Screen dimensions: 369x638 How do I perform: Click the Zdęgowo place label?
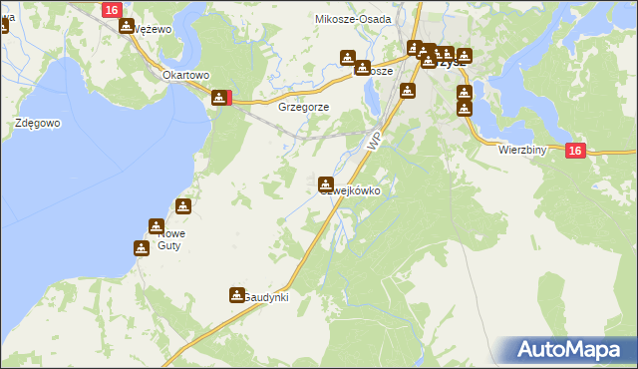click(x=39, y=123)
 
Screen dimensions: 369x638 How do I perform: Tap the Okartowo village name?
click(x=185, y=75)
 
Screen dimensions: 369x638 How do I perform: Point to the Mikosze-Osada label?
click(x=353, y=18)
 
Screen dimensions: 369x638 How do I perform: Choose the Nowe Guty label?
click(x=169, y=239)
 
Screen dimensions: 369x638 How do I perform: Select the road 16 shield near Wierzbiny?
click(x=574, y=150)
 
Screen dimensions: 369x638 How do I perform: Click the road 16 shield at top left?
click(x=111, y=9)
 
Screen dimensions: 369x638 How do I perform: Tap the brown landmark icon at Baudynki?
click(x=237, y=294)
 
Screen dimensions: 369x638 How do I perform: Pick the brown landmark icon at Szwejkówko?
click(x=326, y=184)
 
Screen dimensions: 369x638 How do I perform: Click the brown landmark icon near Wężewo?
click(x=127, y=25)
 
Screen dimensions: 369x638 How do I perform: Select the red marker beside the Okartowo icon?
click(x=229, y=98)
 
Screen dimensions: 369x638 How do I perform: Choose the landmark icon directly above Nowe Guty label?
click(x=156, y=225)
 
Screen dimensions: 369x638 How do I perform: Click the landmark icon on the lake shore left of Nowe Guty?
click(x=141, y=246)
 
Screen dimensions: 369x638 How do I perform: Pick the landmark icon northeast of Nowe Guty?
click(x=182, y=206)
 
